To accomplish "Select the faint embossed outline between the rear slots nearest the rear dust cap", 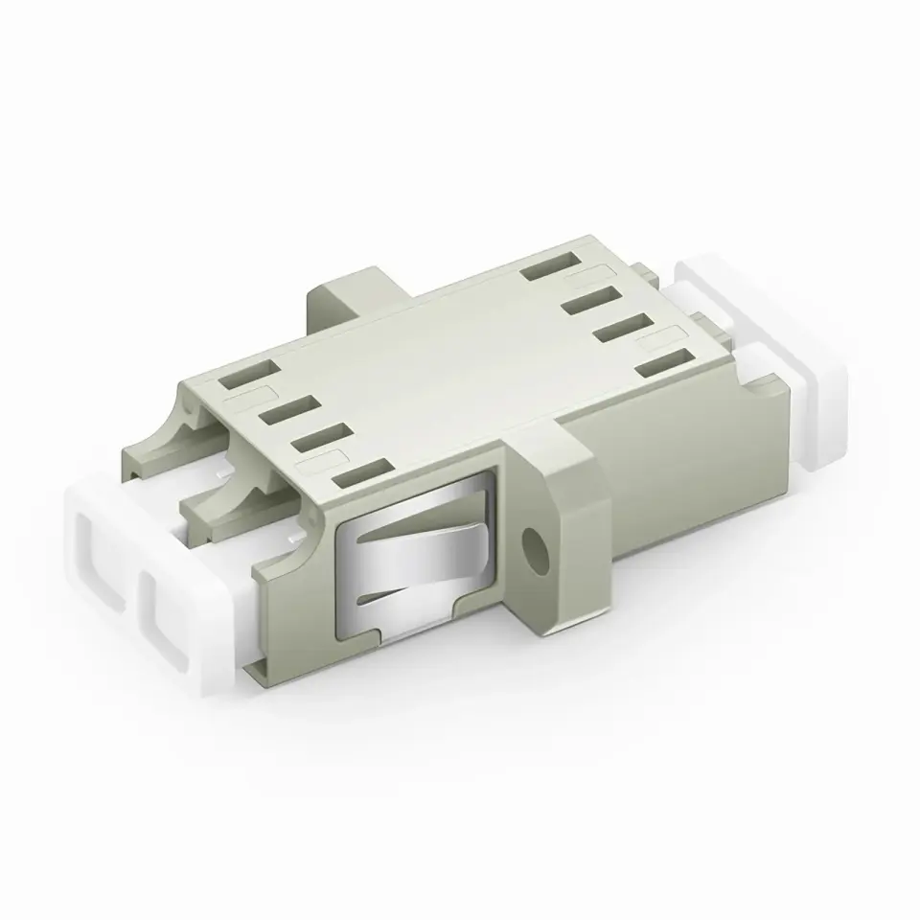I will tap(672, 336).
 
